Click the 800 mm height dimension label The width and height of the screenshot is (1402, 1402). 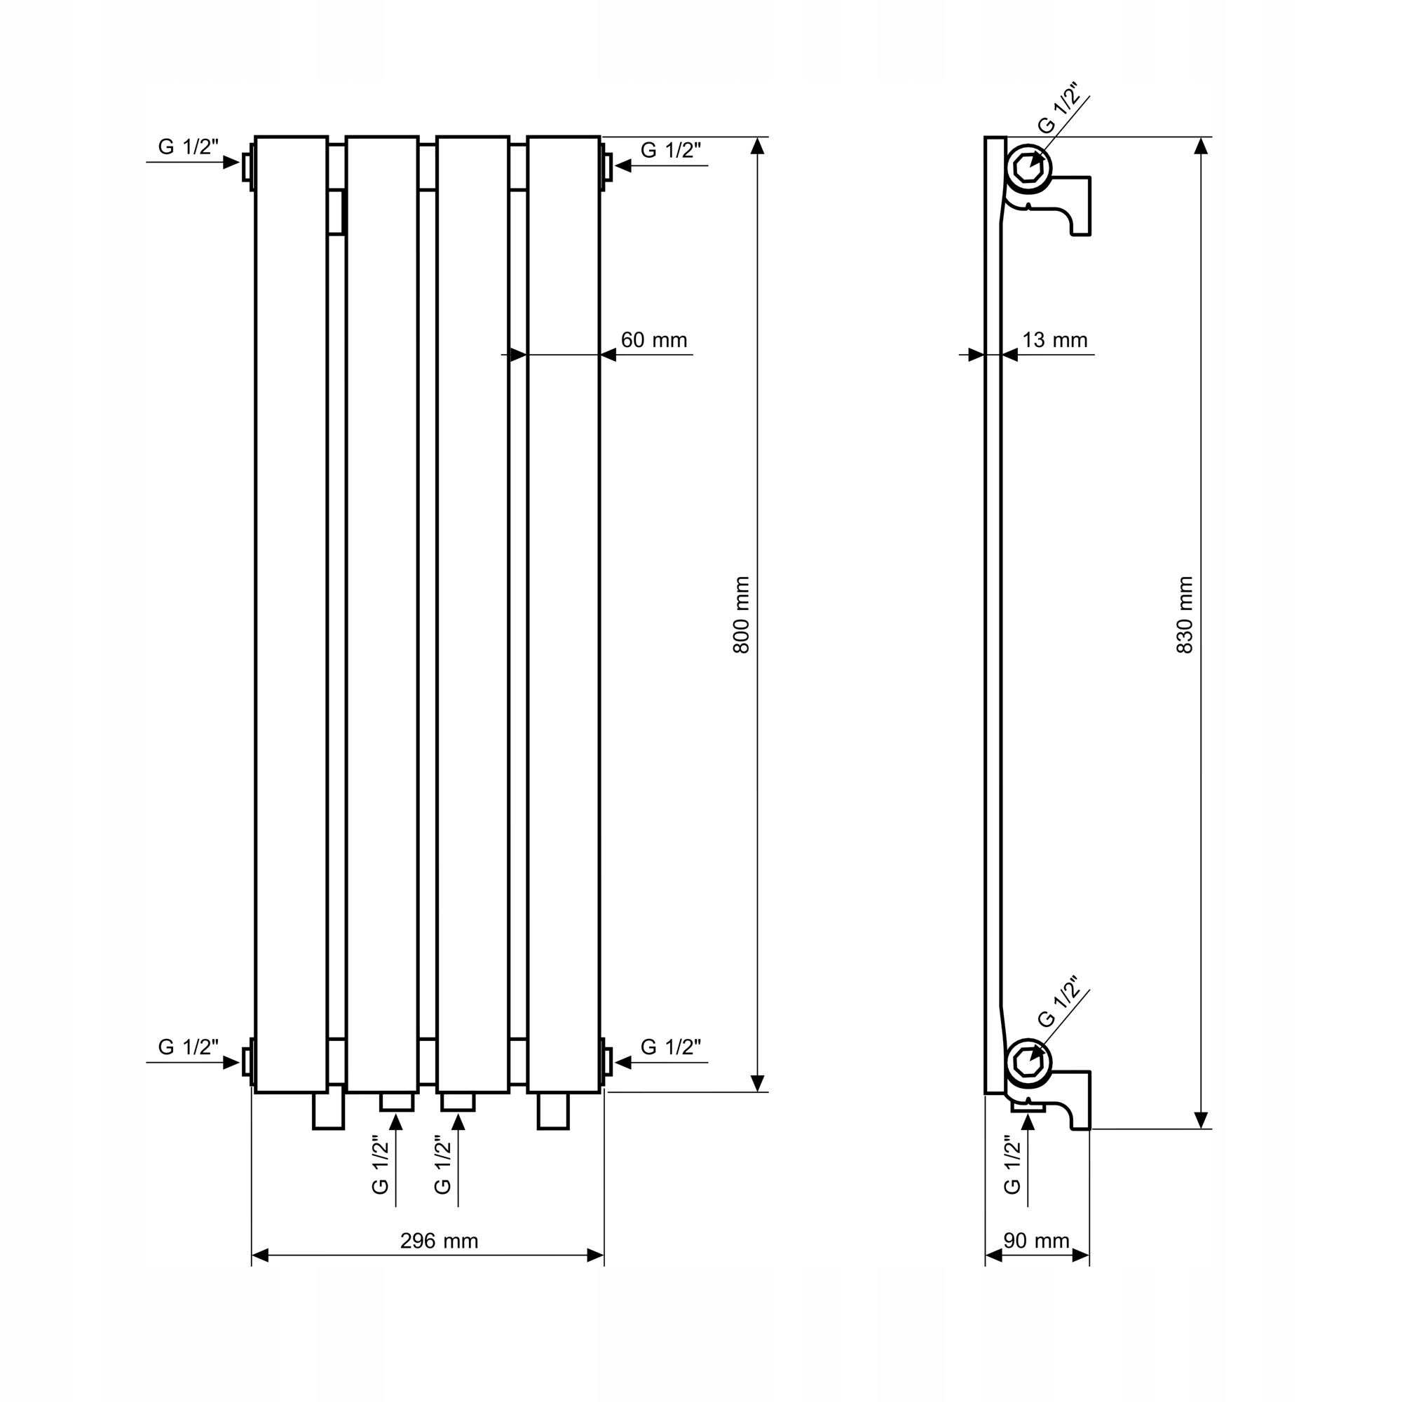[x=741, y=615]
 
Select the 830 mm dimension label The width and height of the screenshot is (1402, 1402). [x=1184, y=615]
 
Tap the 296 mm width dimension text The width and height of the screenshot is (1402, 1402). [x=439, y=1241]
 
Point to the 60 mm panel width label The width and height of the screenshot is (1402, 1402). [x=654, y=341]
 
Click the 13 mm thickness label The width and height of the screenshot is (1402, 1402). [x=1054, y=341]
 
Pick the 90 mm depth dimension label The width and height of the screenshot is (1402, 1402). [x=1036, y=1241]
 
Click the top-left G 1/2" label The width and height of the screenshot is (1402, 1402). [x=188, y=147]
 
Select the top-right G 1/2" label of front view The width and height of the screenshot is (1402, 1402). [x=671, y=151]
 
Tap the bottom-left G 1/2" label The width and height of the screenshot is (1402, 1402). [x=188, y=1048]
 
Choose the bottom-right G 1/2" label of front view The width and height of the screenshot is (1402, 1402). [x=671, y=1048]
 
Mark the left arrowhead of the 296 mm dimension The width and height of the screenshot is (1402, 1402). [x=260, y=1256]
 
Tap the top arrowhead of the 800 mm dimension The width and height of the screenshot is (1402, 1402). [x=758, y=146]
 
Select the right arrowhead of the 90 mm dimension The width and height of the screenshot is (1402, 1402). [x=1080, y=1256]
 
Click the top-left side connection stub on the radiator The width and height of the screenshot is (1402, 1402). [x=248, y=167]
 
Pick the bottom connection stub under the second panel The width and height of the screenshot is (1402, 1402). [x=397, y=1101]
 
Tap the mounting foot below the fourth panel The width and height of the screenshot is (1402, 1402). [x=553, y=1111]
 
